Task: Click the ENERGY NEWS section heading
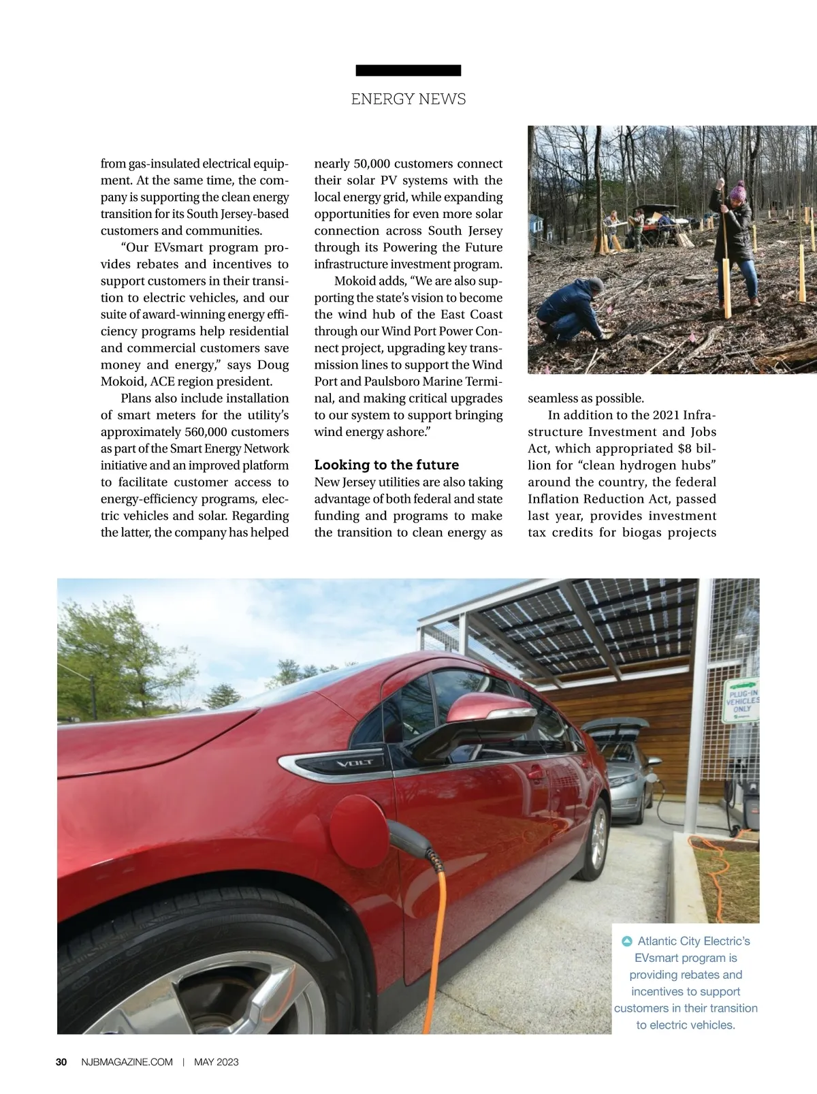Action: pos(408,99)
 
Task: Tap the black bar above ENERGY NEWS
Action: pos(408,70)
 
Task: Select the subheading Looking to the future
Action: pos(386,465)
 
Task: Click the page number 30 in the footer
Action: pos(61,1062)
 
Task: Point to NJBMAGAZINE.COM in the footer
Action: pos(127,1062)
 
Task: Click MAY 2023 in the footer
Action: pos(217,1062)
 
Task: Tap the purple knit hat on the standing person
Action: pos(737,189)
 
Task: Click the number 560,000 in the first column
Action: pos(208,432)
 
